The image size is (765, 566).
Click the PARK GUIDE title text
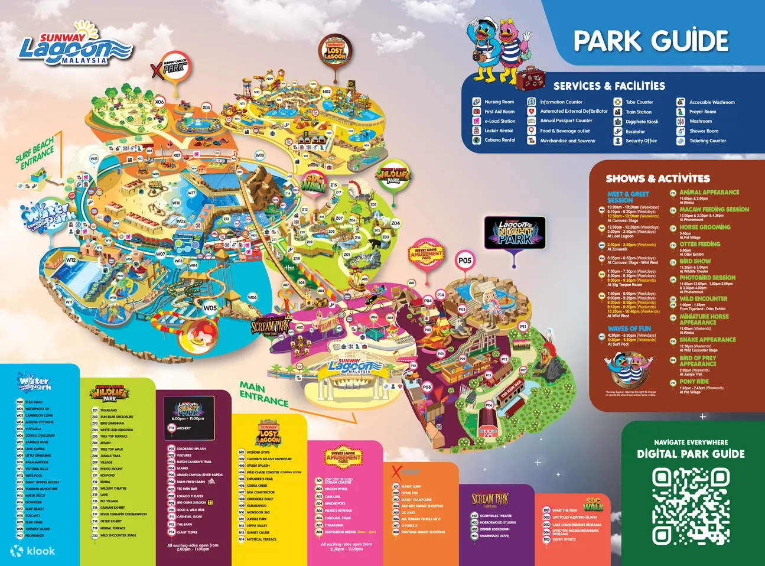650,41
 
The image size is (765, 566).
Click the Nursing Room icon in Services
476,102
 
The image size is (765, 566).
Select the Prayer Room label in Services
702,112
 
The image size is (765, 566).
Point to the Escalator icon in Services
617,131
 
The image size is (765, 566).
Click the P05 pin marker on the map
465,261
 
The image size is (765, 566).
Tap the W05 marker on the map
210,308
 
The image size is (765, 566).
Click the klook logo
33,551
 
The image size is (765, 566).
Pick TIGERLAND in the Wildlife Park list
109,410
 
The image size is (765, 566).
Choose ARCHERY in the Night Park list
184,428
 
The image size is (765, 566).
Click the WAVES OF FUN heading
629,328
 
